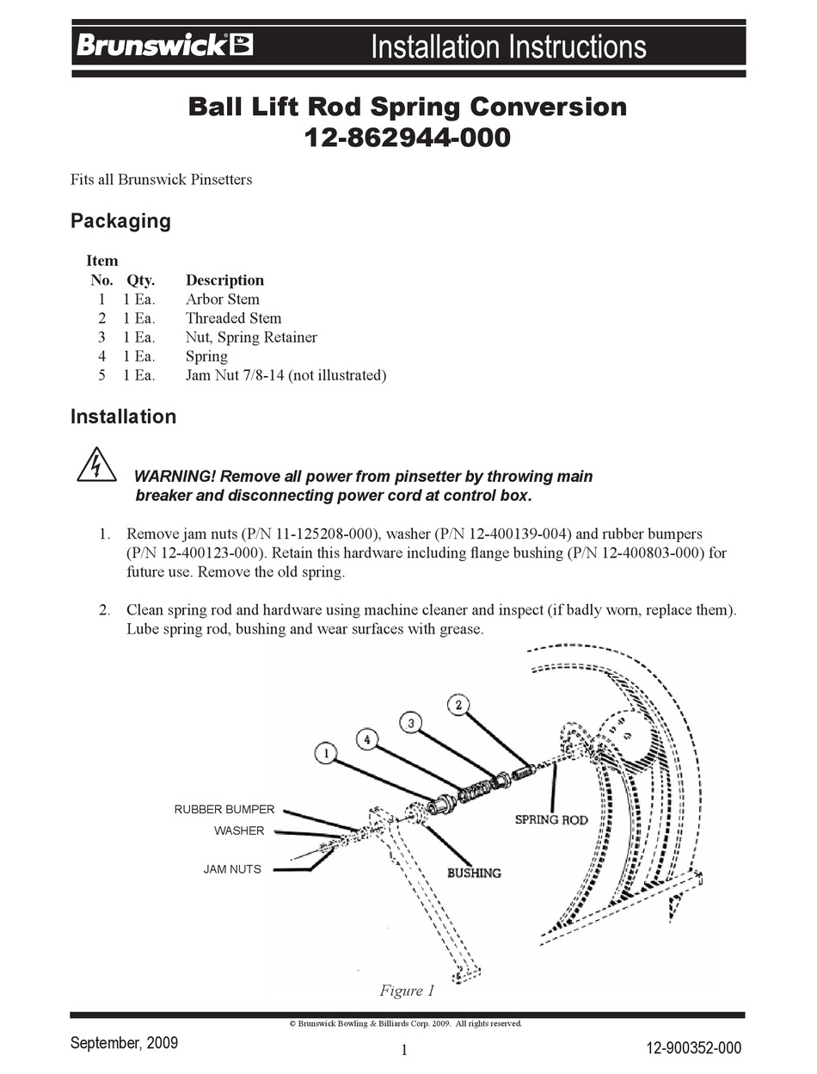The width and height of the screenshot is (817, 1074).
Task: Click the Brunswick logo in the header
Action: pyautogui.click(x=164, y=45)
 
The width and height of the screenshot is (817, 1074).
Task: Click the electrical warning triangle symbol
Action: pyautogui.click(x=96, y=466)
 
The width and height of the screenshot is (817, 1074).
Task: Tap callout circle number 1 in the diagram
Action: pyautogui.click(x=324, y=754)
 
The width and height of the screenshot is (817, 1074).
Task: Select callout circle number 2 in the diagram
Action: pyautogui.click(x=458, y=705)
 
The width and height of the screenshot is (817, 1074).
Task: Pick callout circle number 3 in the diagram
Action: pyautogui.click(x=411, y=723)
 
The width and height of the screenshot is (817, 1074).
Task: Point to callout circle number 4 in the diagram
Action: pyautogui.click(x=367, y=738)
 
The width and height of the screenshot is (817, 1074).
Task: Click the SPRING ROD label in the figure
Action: pyautogui.click(x=551, y=819)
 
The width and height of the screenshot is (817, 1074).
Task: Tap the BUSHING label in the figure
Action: pyautogui.click(x=473, y=873)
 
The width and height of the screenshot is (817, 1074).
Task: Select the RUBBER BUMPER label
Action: pyautogui.click(x=224, y=810)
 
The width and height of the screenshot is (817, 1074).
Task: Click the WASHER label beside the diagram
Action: pyautogui.click(x=239, y=831)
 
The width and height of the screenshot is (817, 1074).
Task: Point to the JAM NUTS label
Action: pyautogui.click(x=232, y=869)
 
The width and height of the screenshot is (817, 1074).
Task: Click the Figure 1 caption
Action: pyautogui.click(x=407, y=991)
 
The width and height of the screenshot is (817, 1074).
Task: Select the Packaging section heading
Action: pyautogui.click(x=120, y=221)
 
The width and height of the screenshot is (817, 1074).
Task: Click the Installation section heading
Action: pyautogui.click(x=123, y=417)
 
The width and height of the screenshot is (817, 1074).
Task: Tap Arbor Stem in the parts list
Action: pyautogui.click(x=222, y=299)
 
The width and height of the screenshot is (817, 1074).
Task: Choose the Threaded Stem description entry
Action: pyautogui.click(x=233, y=318)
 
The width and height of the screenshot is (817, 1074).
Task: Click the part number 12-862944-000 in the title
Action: pyautogui.click(x=408, y=137)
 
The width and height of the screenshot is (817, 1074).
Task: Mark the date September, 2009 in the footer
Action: pyautogui.click(x=124, y=1043)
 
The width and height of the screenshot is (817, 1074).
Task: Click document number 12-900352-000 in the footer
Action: pyautogui.click(x=693, y=1047)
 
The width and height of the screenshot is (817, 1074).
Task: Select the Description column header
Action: pyautogui.click(x=224, y=281)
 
